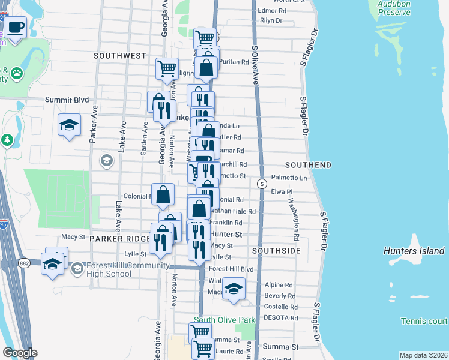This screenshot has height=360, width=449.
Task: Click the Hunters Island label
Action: tap(414, 251)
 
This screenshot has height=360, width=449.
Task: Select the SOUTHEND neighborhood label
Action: tap(308, 164)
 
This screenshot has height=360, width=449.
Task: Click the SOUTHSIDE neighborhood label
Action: tap(276, 250)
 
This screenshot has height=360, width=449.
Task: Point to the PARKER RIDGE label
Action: tap(119, 238)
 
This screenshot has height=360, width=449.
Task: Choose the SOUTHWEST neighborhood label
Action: tap(120, 56)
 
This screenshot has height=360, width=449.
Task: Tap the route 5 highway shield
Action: tap(262, 183)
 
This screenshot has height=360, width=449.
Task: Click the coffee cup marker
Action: tap(16, 28)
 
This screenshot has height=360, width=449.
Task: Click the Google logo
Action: tap(19, 352)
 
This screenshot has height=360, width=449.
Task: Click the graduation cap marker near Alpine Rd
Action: tap(234, 287)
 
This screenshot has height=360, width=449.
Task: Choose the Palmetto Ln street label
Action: tap(289, 178)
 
